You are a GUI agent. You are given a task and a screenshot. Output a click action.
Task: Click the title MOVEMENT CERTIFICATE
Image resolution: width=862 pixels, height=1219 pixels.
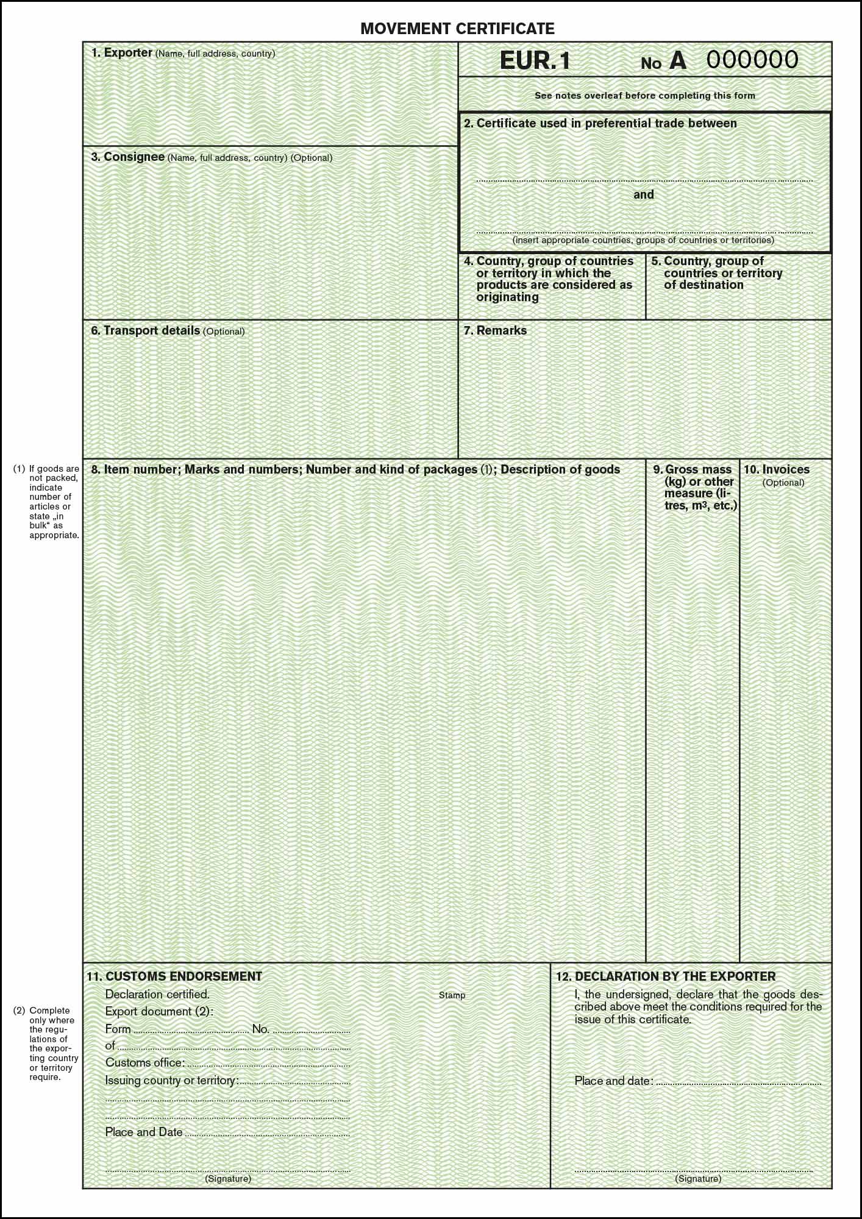click(457, 28)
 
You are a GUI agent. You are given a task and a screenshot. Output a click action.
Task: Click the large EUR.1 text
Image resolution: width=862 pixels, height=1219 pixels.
click(535, 61)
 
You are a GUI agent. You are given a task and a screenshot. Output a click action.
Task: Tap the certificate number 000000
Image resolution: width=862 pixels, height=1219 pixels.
click(752, 60)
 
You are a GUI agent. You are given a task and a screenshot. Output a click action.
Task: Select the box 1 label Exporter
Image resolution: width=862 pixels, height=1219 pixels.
click(127, 53)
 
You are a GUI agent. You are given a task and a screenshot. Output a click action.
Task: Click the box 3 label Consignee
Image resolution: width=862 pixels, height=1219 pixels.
click(134, 157)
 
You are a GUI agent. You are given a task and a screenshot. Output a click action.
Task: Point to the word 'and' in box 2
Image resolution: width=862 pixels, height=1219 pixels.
click(643, 194)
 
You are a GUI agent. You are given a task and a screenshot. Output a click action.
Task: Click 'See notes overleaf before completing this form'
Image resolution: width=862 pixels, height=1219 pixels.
click(644, 96)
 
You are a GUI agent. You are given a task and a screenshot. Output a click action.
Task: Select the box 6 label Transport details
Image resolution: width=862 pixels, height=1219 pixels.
click(151, 330)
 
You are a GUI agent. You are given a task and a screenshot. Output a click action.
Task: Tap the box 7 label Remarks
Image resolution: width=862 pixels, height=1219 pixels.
click(501, 330)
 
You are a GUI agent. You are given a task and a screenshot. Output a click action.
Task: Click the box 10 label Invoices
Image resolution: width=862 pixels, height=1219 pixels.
click(785, 469)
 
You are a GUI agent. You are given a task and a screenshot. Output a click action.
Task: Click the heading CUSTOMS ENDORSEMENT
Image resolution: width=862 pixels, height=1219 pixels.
click(183, 976)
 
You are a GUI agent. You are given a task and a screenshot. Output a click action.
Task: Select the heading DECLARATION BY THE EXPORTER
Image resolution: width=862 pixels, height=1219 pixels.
click(675, 976)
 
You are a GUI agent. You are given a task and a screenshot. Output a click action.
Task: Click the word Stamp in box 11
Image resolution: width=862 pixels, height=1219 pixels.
click(452, 995)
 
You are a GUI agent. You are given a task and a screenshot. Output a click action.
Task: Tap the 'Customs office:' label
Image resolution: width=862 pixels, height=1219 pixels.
click(144, 1062)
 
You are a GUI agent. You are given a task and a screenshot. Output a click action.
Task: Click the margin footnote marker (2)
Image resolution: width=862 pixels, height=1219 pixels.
click(20, 1010)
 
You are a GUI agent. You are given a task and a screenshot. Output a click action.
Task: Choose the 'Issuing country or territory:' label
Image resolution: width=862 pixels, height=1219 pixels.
click(171, 1081)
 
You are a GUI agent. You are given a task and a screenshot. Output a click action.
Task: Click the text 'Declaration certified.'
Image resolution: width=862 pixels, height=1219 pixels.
click(157, 994)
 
